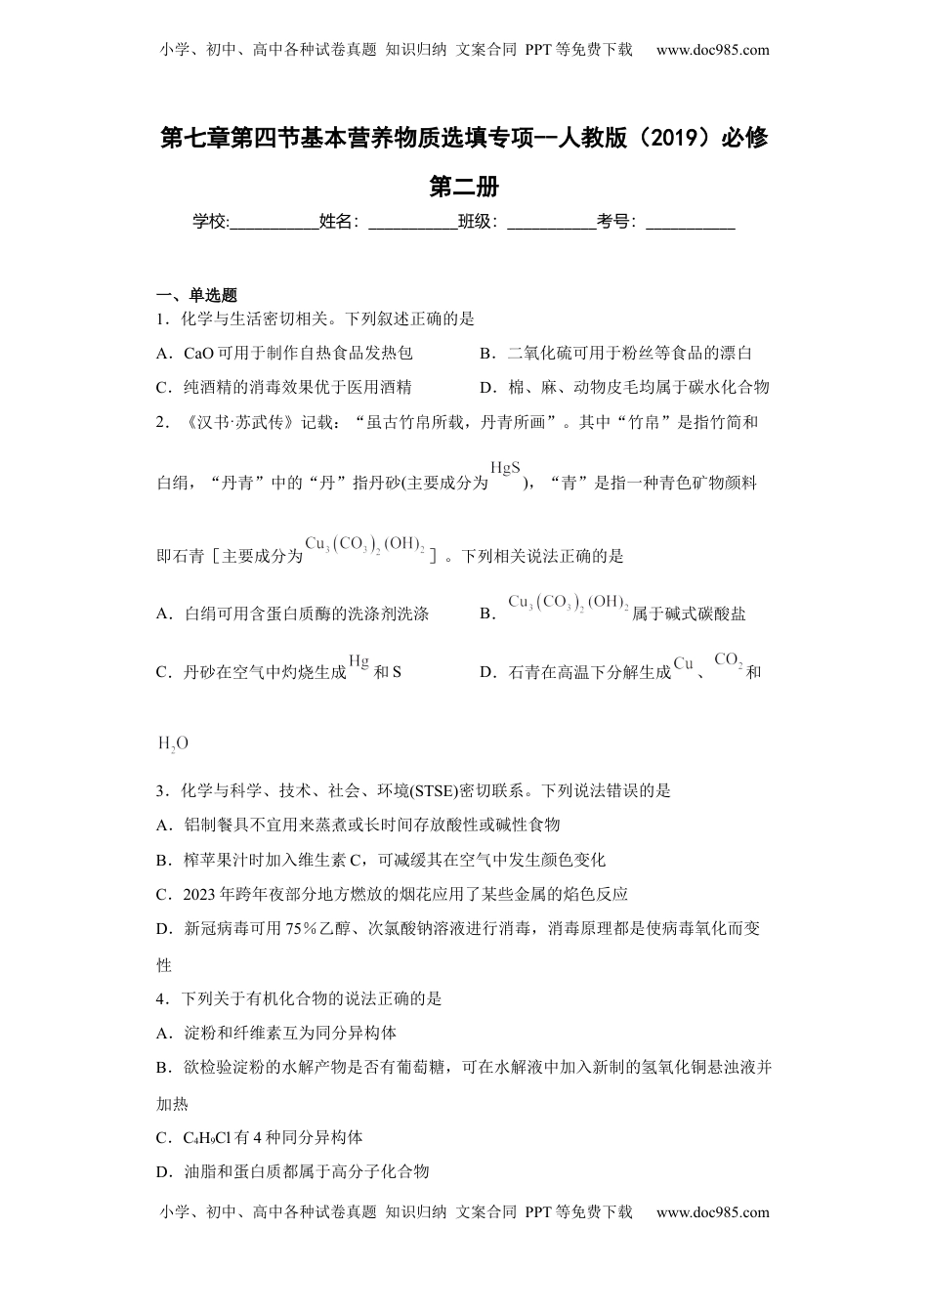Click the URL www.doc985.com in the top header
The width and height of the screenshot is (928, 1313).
712,50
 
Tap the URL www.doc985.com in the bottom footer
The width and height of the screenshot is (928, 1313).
712,1212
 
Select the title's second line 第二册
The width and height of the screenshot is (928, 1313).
464,185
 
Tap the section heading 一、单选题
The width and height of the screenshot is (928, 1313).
197,295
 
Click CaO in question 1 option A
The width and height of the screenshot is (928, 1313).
199,353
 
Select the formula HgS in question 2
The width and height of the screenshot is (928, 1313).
505,468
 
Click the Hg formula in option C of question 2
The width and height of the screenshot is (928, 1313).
359,662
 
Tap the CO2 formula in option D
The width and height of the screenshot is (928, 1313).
729,661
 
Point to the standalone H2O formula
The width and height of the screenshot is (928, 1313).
173,743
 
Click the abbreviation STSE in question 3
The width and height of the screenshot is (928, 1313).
439,790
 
